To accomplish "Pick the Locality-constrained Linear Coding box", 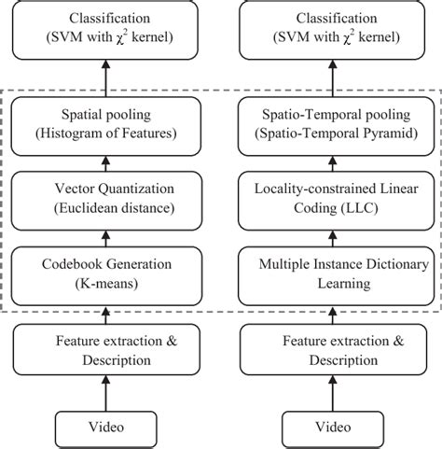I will click(x=333, y=197).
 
